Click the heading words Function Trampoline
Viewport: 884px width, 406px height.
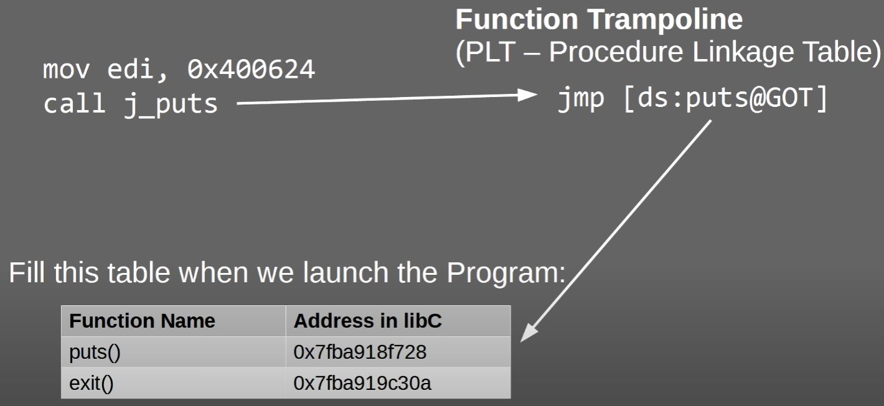[599, 20]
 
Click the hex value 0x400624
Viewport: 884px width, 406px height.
[251, 70]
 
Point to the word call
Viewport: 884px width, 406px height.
[74, 103]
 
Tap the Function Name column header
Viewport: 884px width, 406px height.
[142, 321]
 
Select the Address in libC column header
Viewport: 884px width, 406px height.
[367, 321]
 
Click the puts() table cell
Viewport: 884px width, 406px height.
[95, 353]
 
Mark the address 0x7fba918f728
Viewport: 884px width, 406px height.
[360, 353]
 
